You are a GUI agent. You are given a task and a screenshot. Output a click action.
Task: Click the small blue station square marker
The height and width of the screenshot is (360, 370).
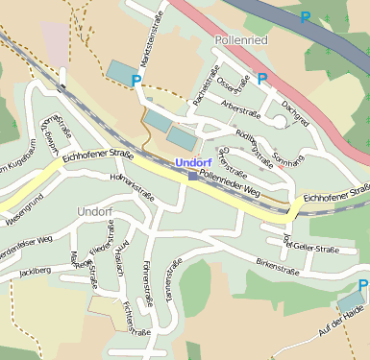[x=192, y=176]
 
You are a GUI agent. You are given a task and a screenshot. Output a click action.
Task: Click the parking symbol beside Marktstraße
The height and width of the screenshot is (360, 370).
[x=136, y=82]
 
